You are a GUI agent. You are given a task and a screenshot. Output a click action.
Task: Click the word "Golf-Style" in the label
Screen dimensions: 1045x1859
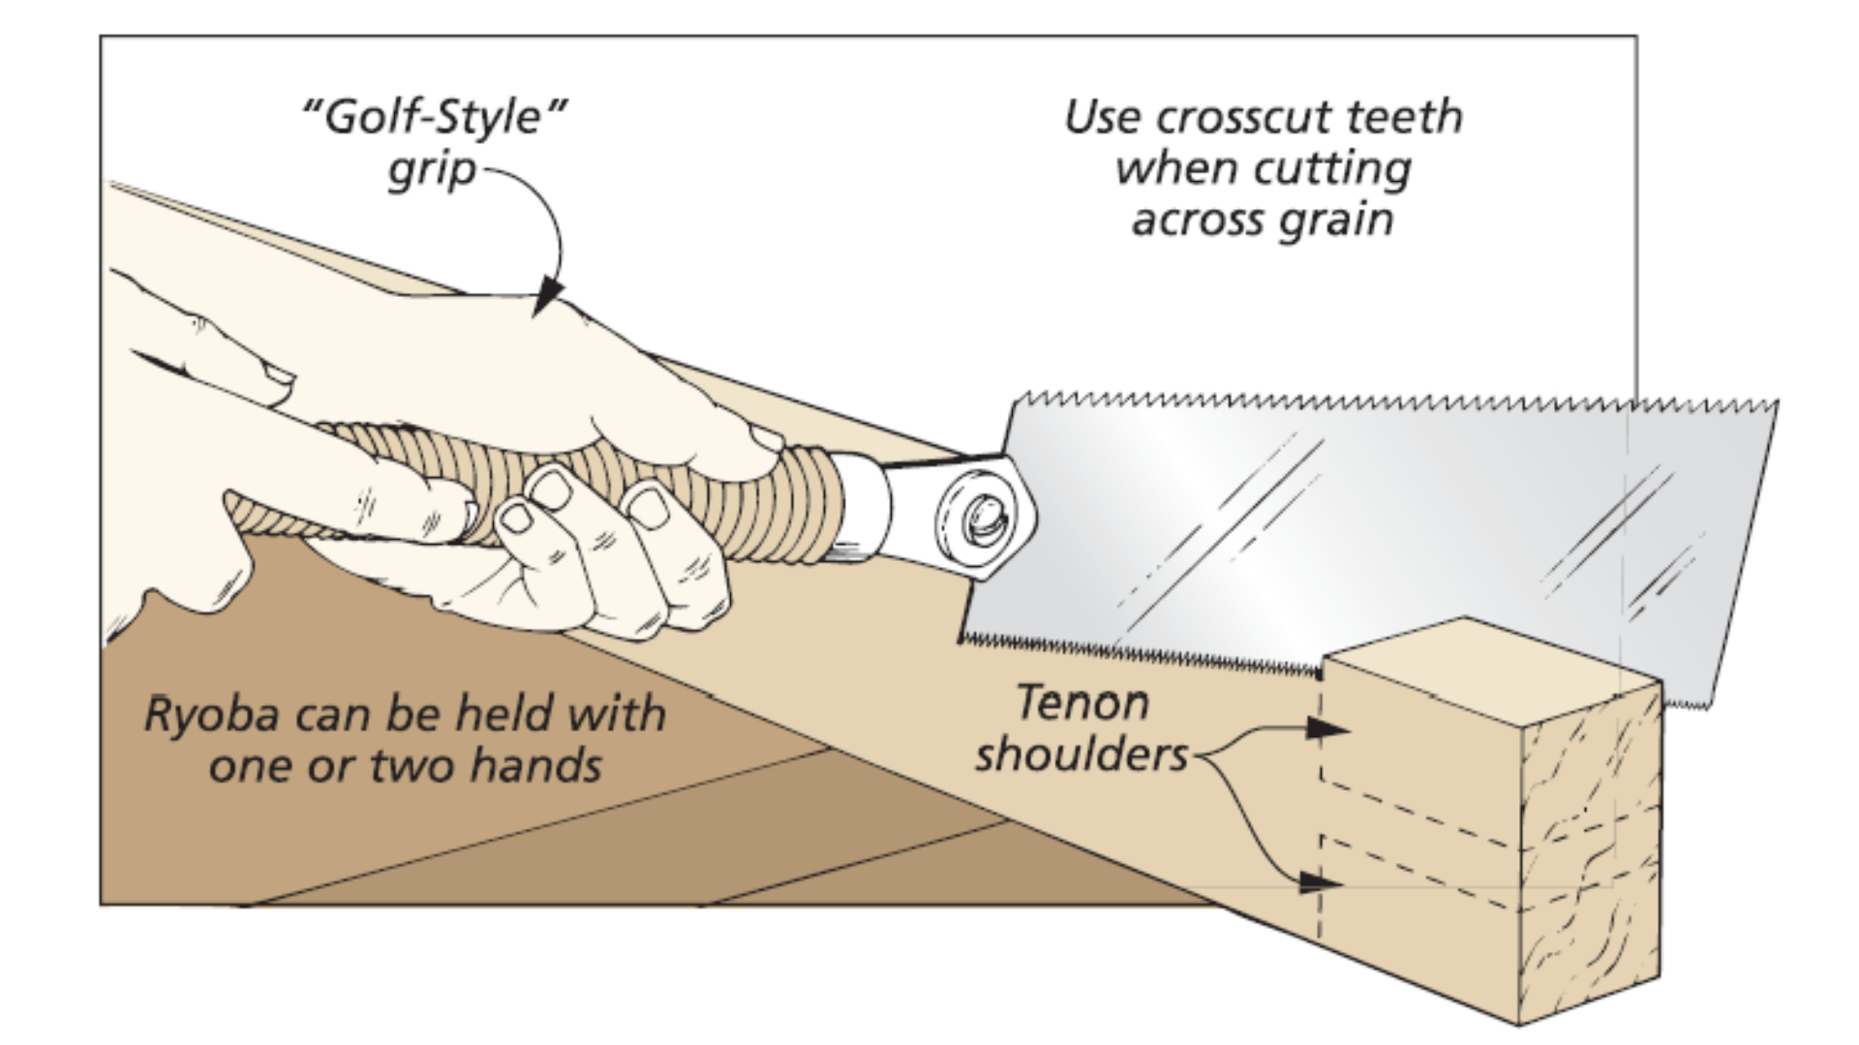(x=434, y=118)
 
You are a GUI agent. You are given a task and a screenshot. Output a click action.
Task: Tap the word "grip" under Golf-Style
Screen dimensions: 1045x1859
(x=432, y=171)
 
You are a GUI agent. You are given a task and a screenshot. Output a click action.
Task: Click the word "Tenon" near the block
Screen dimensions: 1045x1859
(x=1082, y=702)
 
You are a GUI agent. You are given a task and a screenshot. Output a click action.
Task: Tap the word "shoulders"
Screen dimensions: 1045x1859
(x=1081, y=755)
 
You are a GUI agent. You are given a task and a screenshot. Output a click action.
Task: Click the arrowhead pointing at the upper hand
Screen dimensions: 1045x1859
(x=549, y=294)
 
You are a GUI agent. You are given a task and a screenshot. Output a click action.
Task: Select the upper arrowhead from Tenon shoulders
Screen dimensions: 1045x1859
(x=1325, y=729)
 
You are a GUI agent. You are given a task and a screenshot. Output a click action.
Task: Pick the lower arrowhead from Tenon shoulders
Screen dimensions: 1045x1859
(x=1319, y=882)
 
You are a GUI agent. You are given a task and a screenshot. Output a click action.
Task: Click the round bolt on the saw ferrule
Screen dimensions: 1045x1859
(x=980, y=519)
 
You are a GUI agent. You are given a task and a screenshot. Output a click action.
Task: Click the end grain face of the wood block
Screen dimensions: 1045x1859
(x=1588, y=851)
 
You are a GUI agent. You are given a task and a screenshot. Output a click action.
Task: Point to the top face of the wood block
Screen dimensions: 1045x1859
(x=1491, y=668)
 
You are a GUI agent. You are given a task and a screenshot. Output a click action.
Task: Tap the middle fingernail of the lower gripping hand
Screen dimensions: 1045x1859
(x=551, y=489)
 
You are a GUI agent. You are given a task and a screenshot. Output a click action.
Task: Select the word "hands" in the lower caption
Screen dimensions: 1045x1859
(x=535, y=767)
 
